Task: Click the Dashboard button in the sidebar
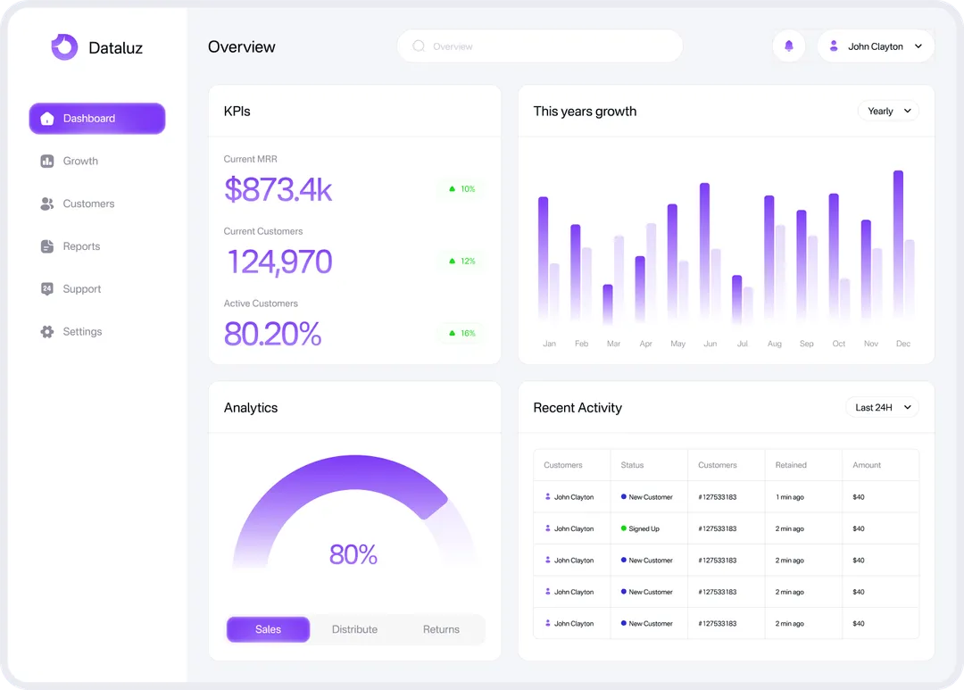[x=97, y=119]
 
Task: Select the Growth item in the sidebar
[x=80, y=162]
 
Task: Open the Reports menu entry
[x=81, y=246]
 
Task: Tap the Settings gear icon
[x=47, y=332]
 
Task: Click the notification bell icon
[x=788, y=46]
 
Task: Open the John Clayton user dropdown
[x=875, y=46]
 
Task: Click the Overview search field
[x=539, y=46]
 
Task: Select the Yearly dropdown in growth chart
[x=888, y=112]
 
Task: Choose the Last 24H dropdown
[x=882, y=408]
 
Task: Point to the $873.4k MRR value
[x=278, y=189]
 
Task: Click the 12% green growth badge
[x=461, y=262]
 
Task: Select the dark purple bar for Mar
[x=608, y=303]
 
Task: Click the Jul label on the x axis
[x=743, y=344]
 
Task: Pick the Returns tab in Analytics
[x=441, y=629]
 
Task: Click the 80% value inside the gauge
[x=353, y=554]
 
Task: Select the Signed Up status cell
[x=643, y=528]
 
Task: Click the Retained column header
[x=791, y=465]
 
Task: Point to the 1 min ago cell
[x=790, y=497]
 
